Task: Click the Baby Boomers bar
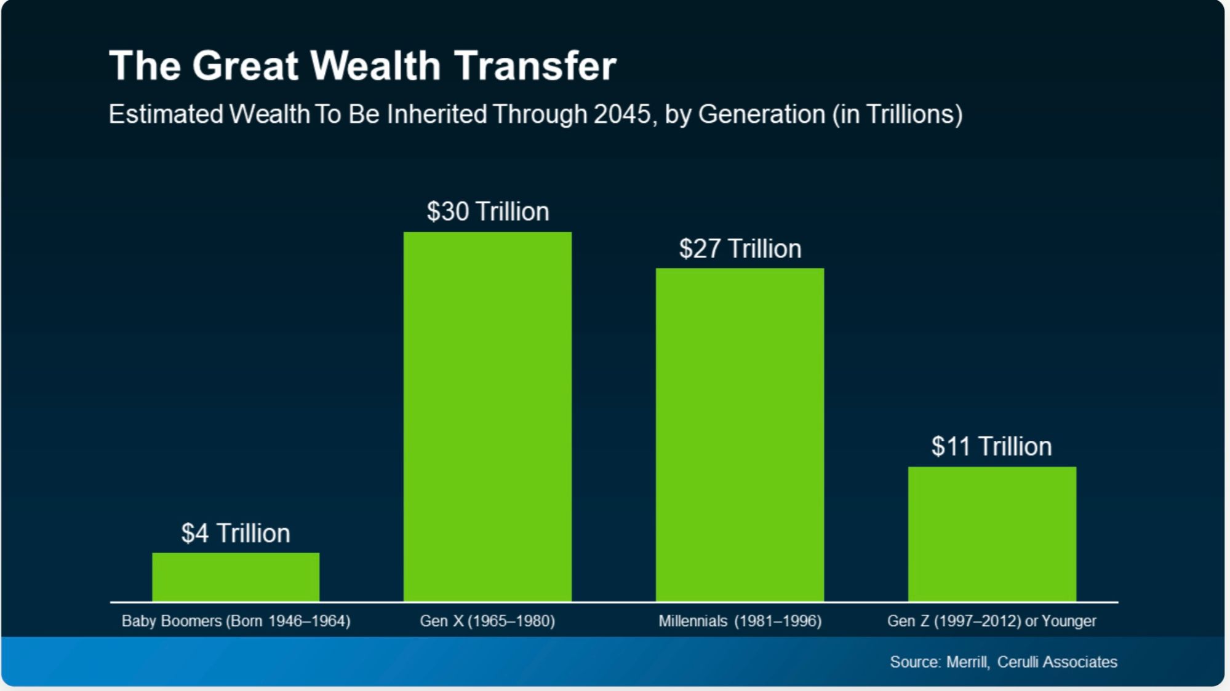(236, 577)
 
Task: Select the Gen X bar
(487, 416)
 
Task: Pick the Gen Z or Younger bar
(992, 534)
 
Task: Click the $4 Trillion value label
(236, 533)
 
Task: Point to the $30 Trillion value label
(488, 211)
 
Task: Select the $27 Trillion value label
(740, 249)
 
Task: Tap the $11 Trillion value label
(991, 446)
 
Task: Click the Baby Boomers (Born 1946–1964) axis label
(236, 621)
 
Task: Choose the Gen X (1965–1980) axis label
(487, 621)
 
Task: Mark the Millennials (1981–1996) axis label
(740, 621)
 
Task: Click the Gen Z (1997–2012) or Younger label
(991, 621)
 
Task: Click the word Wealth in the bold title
(375, 65)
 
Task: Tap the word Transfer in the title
(535, 65)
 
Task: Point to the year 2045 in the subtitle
(622, 114)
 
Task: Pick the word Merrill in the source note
(967, 662)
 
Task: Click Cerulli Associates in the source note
(1056, 662)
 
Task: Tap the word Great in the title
(245, 65)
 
